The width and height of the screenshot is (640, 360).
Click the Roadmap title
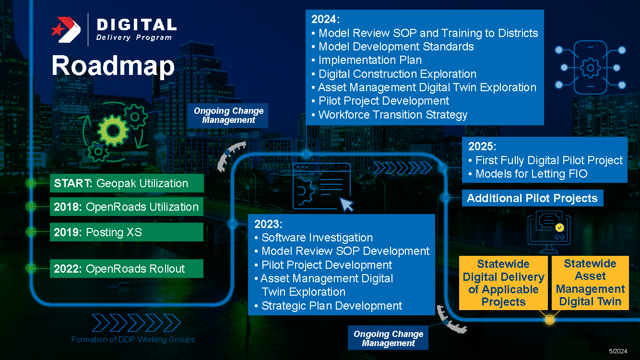coord(113,66)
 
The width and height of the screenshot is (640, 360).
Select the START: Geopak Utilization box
coord(127,183)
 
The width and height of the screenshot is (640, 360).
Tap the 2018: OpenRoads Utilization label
coord(127,207)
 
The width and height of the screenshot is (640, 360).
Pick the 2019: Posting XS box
coord(127,232)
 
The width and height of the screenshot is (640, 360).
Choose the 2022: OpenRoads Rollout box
coord(127,269)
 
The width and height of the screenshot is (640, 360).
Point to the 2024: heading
coord(325,20)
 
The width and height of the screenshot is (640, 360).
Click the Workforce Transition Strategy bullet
coord(392,115)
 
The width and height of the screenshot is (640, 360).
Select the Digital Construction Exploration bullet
coord(397,74)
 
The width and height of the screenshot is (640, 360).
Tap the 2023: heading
coord(268,224)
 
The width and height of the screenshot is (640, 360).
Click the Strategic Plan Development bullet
coord(332,306)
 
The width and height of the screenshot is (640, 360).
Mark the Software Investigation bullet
coord(317,238)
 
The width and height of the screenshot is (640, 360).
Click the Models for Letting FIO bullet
coord(531,174)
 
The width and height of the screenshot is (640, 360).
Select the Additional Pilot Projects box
coord(532,198)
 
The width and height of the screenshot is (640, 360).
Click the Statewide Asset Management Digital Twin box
coord(590,283)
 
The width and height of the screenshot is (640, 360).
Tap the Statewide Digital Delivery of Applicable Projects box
coord(503,283)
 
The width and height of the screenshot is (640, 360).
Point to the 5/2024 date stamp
coord(618,351)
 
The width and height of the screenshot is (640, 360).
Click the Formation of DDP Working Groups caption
coord(133,340)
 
